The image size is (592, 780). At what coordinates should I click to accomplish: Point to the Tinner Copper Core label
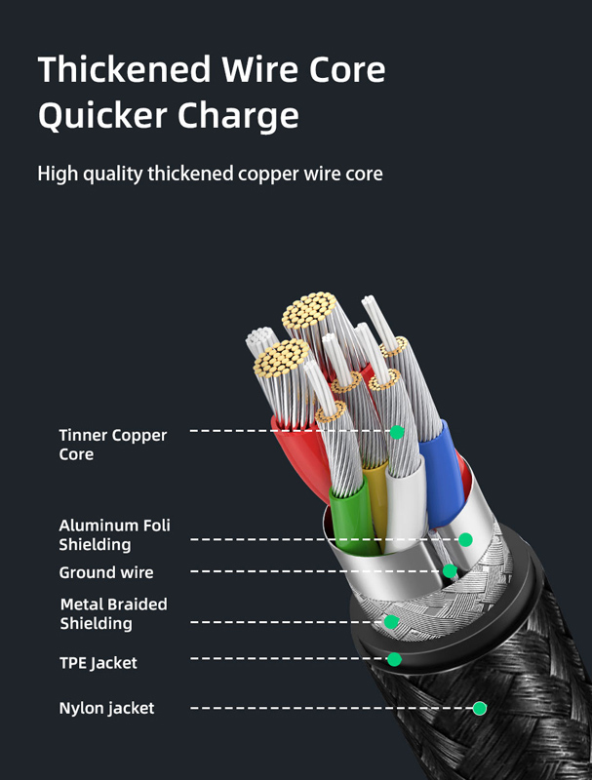112,445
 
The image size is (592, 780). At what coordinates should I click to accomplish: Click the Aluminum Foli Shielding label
114,534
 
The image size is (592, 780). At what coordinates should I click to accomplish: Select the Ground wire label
105,572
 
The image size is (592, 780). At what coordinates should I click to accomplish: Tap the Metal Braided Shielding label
113,613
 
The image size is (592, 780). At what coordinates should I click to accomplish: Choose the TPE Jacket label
98,663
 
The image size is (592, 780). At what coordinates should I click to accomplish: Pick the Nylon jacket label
106,708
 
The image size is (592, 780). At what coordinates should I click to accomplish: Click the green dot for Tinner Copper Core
397,432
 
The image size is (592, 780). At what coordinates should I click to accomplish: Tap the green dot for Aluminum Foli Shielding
466,539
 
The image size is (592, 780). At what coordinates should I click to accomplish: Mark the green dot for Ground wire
450,571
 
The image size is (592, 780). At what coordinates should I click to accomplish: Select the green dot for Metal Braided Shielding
391,621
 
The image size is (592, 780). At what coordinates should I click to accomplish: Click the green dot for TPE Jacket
394,659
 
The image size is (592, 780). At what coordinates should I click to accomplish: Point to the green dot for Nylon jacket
480,708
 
